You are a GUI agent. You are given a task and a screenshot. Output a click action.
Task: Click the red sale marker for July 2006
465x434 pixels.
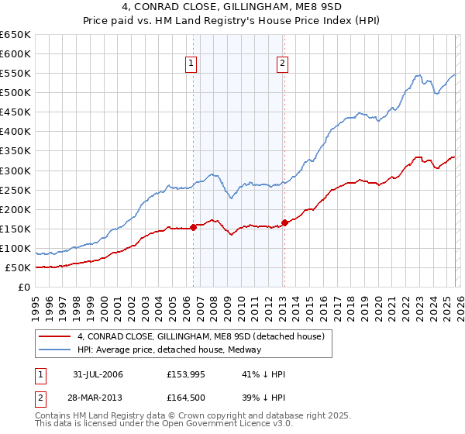point(193,227)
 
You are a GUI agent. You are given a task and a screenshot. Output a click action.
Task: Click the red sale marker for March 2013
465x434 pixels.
point(284,222)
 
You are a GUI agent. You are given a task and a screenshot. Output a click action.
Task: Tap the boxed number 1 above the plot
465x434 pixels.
point(191,64)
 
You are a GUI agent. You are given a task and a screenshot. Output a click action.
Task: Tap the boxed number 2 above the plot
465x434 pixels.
point(282,64)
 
